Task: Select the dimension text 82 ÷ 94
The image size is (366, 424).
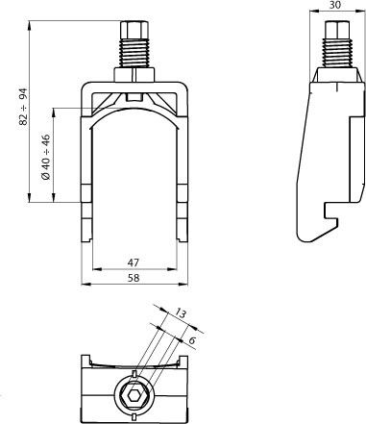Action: pyautogui.click(x=24, y=107)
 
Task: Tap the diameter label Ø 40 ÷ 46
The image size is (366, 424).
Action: pyautogui.click(x=46, y=157)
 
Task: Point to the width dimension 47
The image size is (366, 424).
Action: pyautogui.click(x=134, y=262)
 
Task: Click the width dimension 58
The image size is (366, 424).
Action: pyautogui.click(x=134, y=278)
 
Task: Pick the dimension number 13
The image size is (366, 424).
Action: pyautogui.click(x=181, y=313)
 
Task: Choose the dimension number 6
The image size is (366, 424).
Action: pyautogui.click(x=192, y=340)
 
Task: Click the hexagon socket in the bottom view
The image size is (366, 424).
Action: pyautogui.click(x=134, y=396)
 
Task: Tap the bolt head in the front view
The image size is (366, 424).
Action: pyautogui.click(x=134, y=30)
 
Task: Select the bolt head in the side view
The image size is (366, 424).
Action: pyautogui.click(x=337, y=30)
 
